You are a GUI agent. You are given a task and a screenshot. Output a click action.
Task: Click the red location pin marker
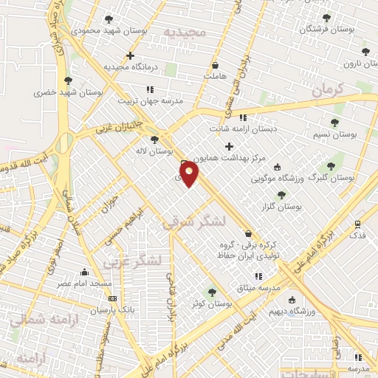click(x=190, y=175)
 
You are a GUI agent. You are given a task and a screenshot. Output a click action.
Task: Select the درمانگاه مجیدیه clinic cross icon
click(x=130, y=55)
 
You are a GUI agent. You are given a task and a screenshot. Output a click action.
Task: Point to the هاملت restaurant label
click(x=216, y=76)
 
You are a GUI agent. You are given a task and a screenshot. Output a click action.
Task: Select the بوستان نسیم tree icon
click(x=334, y=123)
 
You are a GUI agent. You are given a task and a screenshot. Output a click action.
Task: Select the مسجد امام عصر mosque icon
click(x=84, y=271)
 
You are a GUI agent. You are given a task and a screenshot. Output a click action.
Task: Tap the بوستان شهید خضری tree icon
click(x=68, y=80)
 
